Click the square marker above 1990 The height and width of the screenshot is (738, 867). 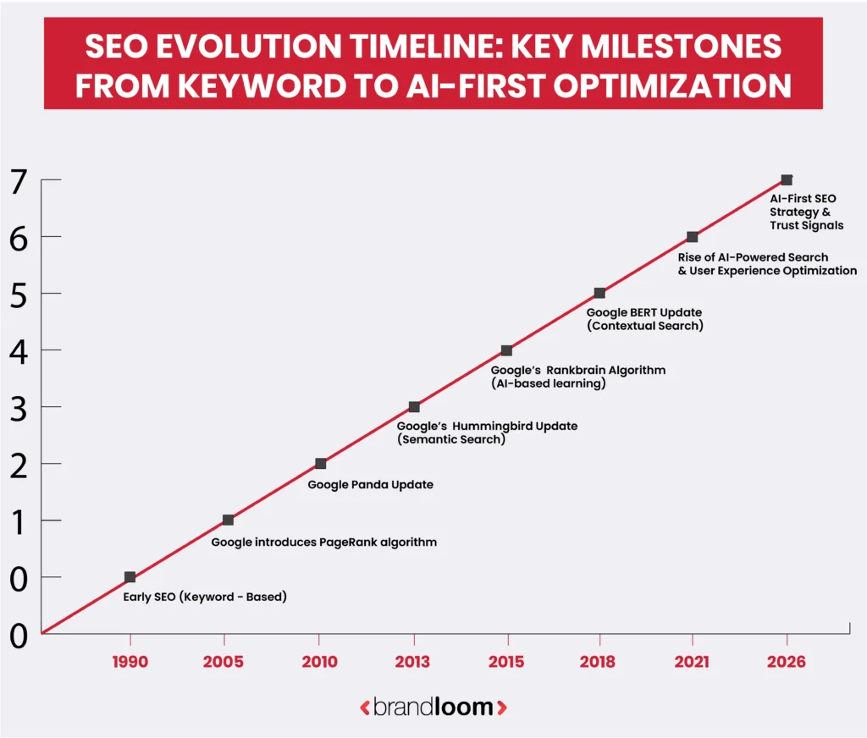tap(130, 577)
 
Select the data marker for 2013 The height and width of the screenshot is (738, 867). tap(414, 407)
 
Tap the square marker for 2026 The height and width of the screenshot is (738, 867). tap(787, 180)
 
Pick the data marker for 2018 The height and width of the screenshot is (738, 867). tap(599, 294)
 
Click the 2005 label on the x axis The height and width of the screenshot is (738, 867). tap(224, 662)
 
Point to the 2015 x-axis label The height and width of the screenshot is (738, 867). tap(506, 662)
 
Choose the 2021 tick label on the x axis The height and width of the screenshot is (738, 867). tap(692, 662)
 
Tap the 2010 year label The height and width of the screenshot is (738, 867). tap(319, 662)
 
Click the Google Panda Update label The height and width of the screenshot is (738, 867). tap(370, 485)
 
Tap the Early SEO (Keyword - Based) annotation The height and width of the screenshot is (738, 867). tap(205, 597)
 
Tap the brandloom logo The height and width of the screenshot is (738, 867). tap(433, 707)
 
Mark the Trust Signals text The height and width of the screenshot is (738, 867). tap(806, 226)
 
